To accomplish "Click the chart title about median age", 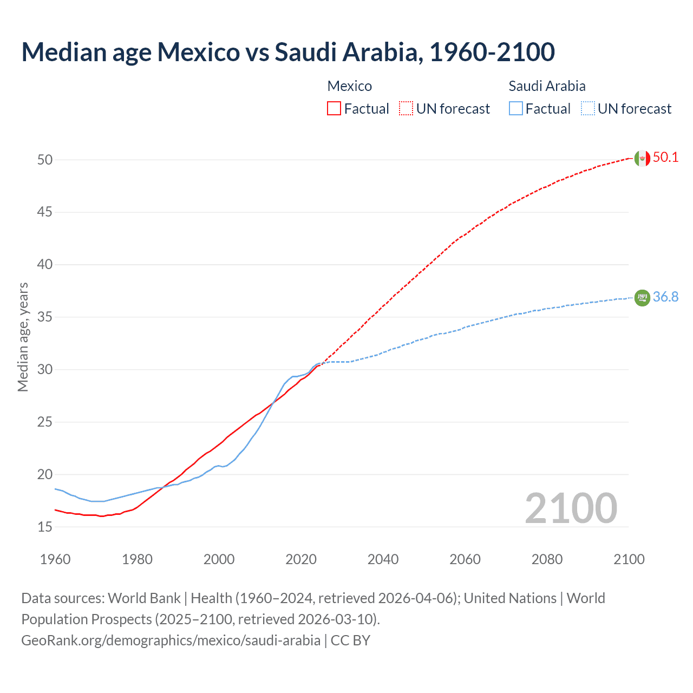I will point(288,52).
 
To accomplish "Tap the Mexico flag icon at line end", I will point(642,158).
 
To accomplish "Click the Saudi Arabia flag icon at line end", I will point(642,298).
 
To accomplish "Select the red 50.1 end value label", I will point(665,158).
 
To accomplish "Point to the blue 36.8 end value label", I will point(665,297).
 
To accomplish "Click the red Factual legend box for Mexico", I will point(334,109).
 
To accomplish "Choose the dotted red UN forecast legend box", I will point(406,109).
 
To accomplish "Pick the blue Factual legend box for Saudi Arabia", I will point(516,109).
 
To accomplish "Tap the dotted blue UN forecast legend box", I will point(587,109).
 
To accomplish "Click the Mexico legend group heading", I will point(350,86).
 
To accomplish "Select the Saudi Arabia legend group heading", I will point(547,86).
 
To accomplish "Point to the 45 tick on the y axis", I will point(45,212).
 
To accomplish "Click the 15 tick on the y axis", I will point(45,527).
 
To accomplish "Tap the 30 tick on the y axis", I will point(45,370).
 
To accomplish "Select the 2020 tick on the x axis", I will point(301,559).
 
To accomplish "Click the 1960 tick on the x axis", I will point(55,559).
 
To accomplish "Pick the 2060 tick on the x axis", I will point(465,559).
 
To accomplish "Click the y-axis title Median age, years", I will point(23,337).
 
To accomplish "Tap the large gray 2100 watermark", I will point(571,508).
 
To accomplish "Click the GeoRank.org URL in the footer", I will point(171,640).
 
